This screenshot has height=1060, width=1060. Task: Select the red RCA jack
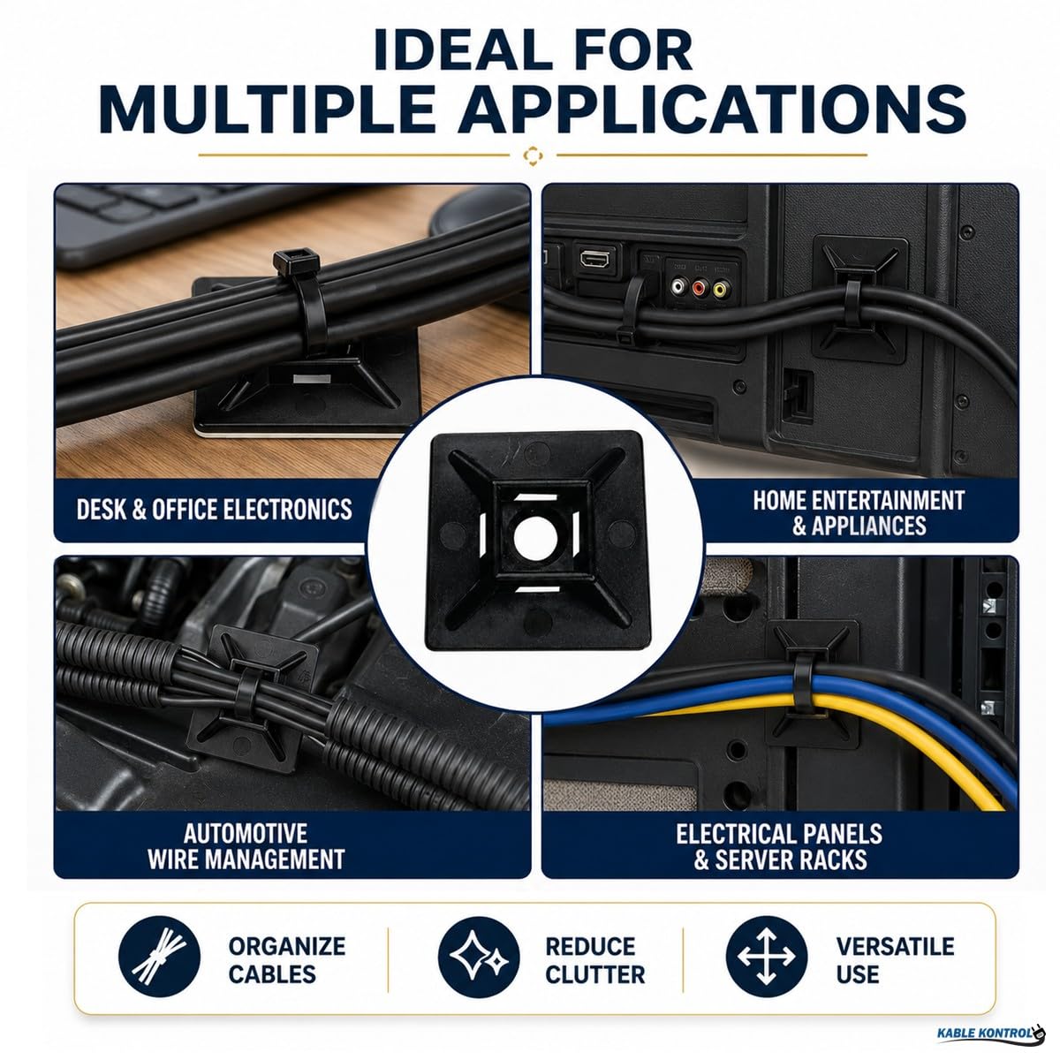tap(699, 286)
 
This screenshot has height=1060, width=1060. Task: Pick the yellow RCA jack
tap(720, 288)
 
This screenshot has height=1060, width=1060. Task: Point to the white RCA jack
tap(678, 285)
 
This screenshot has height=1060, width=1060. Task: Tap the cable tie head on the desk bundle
tap(296, 261)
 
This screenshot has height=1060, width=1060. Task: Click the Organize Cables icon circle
tap(160, 957)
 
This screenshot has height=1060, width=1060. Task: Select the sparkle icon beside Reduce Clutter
tap(479, 957)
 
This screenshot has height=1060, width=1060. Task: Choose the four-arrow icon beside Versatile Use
tap(766, 957)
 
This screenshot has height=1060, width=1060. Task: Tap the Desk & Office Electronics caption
tap(215, 510)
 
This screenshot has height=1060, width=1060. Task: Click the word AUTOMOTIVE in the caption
tap(246, 833)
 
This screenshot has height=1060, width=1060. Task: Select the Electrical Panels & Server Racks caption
tap(779, 846)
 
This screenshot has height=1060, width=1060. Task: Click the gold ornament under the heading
tap(533, 155)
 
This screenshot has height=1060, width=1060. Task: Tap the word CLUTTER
tap(595, 975)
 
